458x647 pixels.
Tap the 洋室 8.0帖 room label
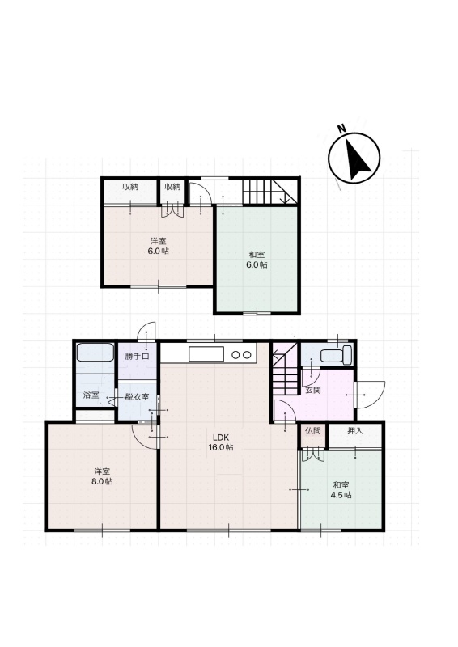[102, 476]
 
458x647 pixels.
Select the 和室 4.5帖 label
[341, 490]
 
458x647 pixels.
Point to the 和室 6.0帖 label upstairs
[257, 260]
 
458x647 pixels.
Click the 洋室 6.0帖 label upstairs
[158, 246]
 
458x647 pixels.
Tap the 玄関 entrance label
[312, 390]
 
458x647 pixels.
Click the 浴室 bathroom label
[91, 395]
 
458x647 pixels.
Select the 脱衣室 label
[137, 397]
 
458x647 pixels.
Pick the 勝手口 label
[137, 357]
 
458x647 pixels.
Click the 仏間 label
[312, 431]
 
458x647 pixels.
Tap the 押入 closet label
[354, 431]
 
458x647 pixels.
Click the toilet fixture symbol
[336, 355]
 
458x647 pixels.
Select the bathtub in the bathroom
[95, 353]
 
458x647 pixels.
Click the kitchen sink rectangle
[206, 354]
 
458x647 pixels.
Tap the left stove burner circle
[235, 355]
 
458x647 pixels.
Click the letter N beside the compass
[341, 129]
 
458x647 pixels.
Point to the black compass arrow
[356, 160]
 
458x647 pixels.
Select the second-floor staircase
[269, 192]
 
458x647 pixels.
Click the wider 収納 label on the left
[130, 187]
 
